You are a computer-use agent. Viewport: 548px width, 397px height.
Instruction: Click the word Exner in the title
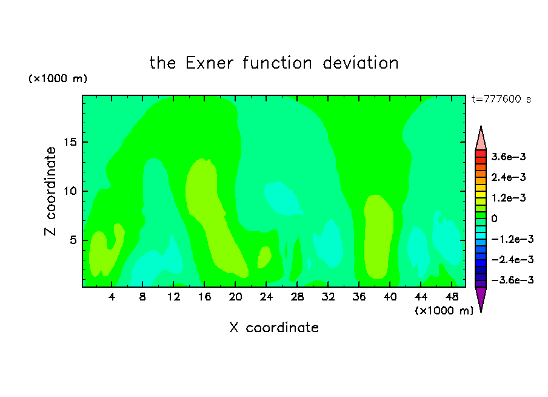click(209, 63)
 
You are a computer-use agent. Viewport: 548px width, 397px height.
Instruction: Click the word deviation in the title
click(360, 63)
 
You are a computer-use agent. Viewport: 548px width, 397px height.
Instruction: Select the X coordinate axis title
click(274, 327)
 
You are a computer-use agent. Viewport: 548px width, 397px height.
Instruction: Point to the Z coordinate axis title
click(50, 191)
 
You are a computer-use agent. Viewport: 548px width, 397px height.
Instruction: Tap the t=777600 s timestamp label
click(501, 99)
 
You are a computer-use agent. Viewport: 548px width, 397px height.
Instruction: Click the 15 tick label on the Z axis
click(70, 142)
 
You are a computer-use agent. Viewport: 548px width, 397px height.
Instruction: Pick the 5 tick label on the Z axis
click(73, 240)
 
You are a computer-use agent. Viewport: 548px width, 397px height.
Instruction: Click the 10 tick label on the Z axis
click(70, 191)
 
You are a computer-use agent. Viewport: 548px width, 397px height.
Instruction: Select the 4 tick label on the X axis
click(112, 297)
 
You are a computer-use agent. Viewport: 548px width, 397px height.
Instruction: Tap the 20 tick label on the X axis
click(235, 297)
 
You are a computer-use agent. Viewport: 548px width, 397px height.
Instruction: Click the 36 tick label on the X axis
click(359, 297)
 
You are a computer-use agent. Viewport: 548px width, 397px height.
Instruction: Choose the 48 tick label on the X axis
click(452, 297)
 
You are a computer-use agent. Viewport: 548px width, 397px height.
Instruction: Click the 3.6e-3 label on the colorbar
click(509, 157)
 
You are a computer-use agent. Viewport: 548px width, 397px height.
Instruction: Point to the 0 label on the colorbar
click(494, 219)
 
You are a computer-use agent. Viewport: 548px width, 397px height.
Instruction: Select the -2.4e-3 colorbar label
click(512, 259)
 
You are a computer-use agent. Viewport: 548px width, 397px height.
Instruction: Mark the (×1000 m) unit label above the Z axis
click(58, 78)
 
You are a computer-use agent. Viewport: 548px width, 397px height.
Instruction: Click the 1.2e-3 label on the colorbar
click(509, 198)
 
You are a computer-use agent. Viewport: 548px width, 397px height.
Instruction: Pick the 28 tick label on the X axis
click(297, 297)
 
